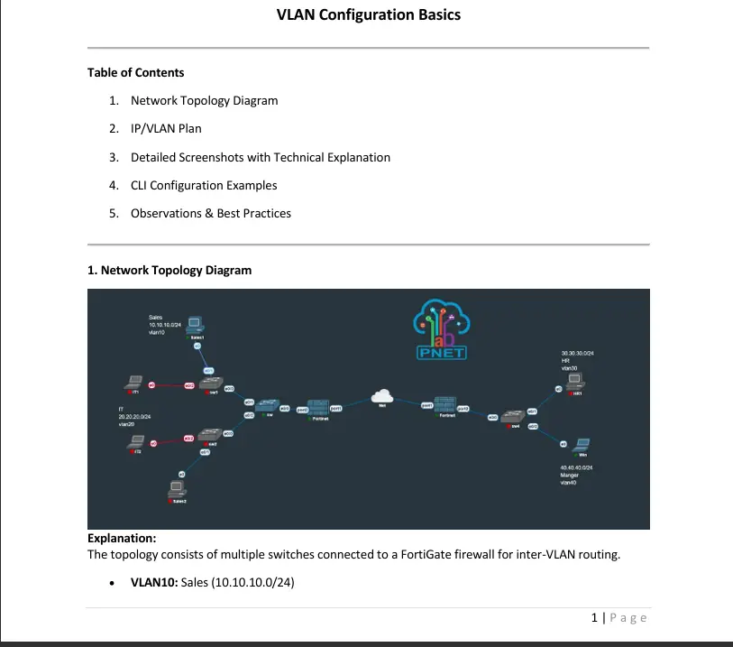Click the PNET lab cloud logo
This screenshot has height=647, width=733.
pyautogui.click(x=441, y=328)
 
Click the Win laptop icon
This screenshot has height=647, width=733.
pyautogui.click(x=582, y=443)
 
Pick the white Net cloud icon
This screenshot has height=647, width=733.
pyautogui.click(x=383, y=395)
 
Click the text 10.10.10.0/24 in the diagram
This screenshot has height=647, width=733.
pyautogui.click(x=164, y=325)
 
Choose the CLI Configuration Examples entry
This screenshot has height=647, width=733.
pyautogui.click(x=204, y=185)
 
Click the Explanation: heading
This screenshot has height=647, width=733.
pyautogui.click(x=122, y=539)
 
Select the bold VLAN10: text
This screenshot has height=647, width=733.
pyautogui.click(x=154, y=582)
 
